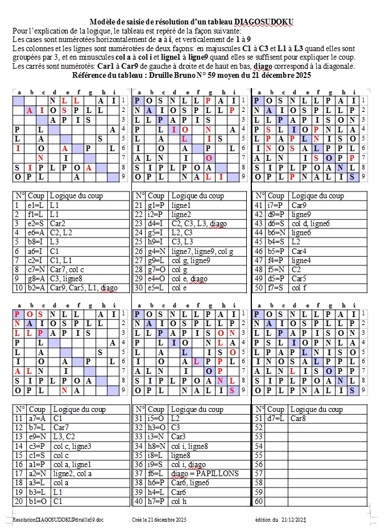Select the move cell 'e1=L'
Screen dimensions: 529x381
pyautogui.click(x=37, y=205)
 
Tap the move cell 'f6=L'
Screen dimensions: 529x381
pyautogui.click(x=156, y=473)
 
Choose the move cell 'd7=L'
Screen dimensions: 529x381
pyautogui.click(x=276, y=418)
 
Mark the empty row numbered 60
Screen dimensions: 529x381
pyautogui.click(x=259, y=501)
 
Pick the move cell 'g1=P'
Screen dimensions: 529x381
pyautogui.click(x=156, y=205)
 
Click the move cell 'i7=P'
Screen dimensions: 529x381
pyautogui.click(x=275, y=205)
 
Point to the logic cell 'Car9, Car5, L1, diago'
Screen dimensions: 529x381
pyautogui.click(x=84, y=288)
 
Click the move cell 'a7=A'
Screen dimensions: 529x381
pyautogui.click(x=38, y=418)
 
